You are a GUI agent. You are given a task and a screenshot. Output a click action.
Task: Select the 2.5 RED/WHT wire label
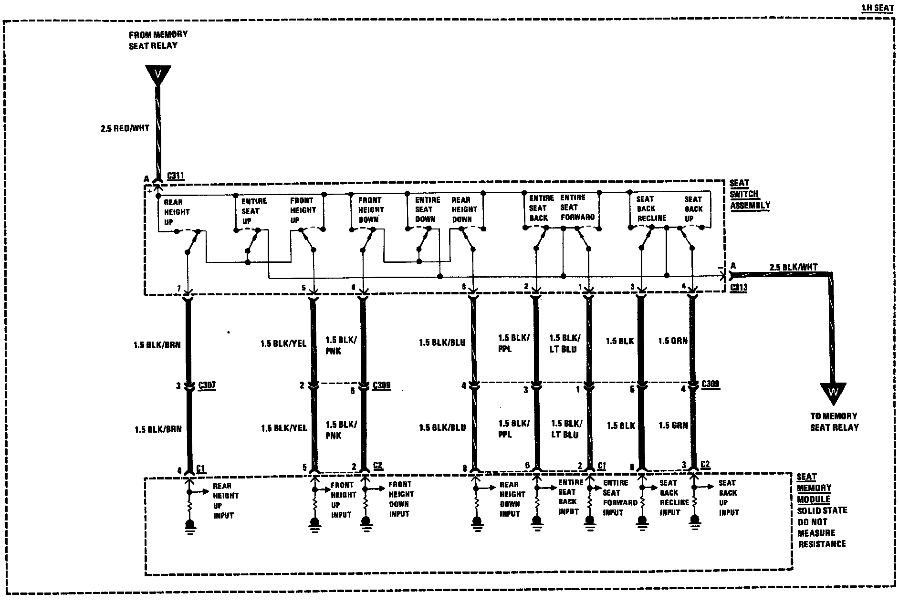(x=125, y=128)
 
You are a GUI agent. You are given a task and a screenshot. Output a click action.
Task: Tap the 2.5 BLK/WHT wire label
(x=793, y=267)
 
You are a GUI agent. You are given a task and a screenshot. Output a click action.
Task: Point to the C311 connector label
(x=176, y=176)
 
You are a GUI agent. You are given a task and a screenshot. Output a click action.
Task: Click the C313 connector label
(x=738, y=288)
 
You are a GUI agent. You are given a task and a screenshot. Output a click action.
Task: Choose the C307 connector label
(x=206, y=385)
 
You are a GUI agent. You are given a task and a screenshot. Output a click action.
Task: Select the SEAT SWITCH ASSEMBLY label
(x=750, y=194)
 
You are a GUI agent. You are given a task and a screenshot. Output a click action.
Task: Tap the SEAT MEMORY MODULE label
(x=814, y=488)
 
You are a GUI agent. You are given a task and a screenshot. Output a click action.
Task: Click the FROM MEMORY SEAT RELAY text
(x=158, y=40)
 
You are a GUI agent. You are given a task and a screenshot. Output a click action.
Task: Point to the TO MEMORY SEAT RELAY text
(x=834, y=422)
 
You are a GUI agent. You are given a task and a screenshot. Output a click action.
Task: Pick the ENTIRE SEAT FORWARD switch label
(x=577, y=207)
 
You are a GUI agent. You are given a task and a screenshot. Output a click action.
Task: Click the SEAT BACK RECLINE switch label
(x=651, y=208)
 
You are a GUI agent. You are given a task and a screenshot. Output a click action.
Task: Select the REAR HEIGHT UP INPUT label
(x=225, y=500)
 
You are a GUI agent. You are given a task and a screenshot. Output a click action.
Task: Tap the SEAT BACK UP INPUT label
(x=728, y=498)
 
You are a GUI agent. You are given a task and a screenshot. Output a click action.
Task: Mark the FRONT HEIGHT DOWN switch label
(x=371, y=209)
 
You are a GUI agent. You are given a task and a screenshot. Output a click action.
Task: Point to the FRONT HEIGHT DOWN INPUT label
(x=401, y=499)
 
